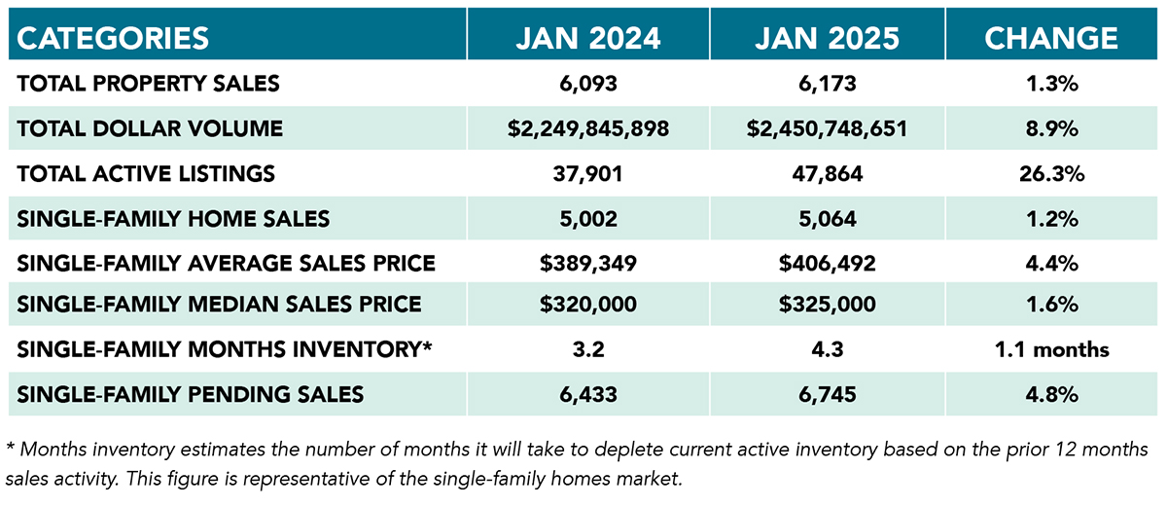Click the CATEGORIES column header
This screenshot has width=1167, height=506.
[114, 38]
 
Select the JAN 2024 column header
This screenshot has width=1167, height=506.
[588, 38]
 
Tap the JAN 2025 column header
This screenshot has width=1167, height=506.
[829, 38]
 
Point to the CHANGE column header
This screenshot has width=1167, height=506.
[1050, 38]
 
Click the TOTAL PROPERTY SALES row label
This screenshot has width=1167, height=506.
[148, 84]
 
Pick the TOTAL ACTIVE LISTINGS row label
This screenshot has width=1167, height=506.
[146, 174]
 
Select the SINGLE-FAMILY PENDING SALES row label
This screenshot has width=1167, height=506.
[191, 394]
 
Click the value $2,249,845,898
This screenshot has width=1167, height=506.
[588, 128]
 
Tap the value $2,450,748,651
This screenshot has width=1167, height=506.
[829, 128]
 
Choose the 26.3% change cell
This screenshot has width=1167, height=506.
[1050, 174]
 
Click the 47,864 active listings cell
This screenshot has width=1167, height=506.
[829, 174]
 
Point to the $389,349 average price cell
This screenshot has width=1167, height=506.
[588, 263]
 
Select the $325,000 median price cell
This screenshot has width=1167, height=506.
[829, 305]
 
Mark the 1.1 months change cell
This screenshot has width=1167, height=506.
[1050, 349]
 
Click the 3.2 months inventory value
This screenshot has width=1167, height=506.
[588, 349]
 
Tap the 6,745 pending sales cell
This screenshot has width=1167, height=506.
[829, 394]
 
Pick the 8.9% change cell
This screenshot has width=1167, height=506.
[1050, 128]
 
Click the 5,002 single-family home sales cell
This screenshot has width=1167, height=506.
[588, 219]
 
